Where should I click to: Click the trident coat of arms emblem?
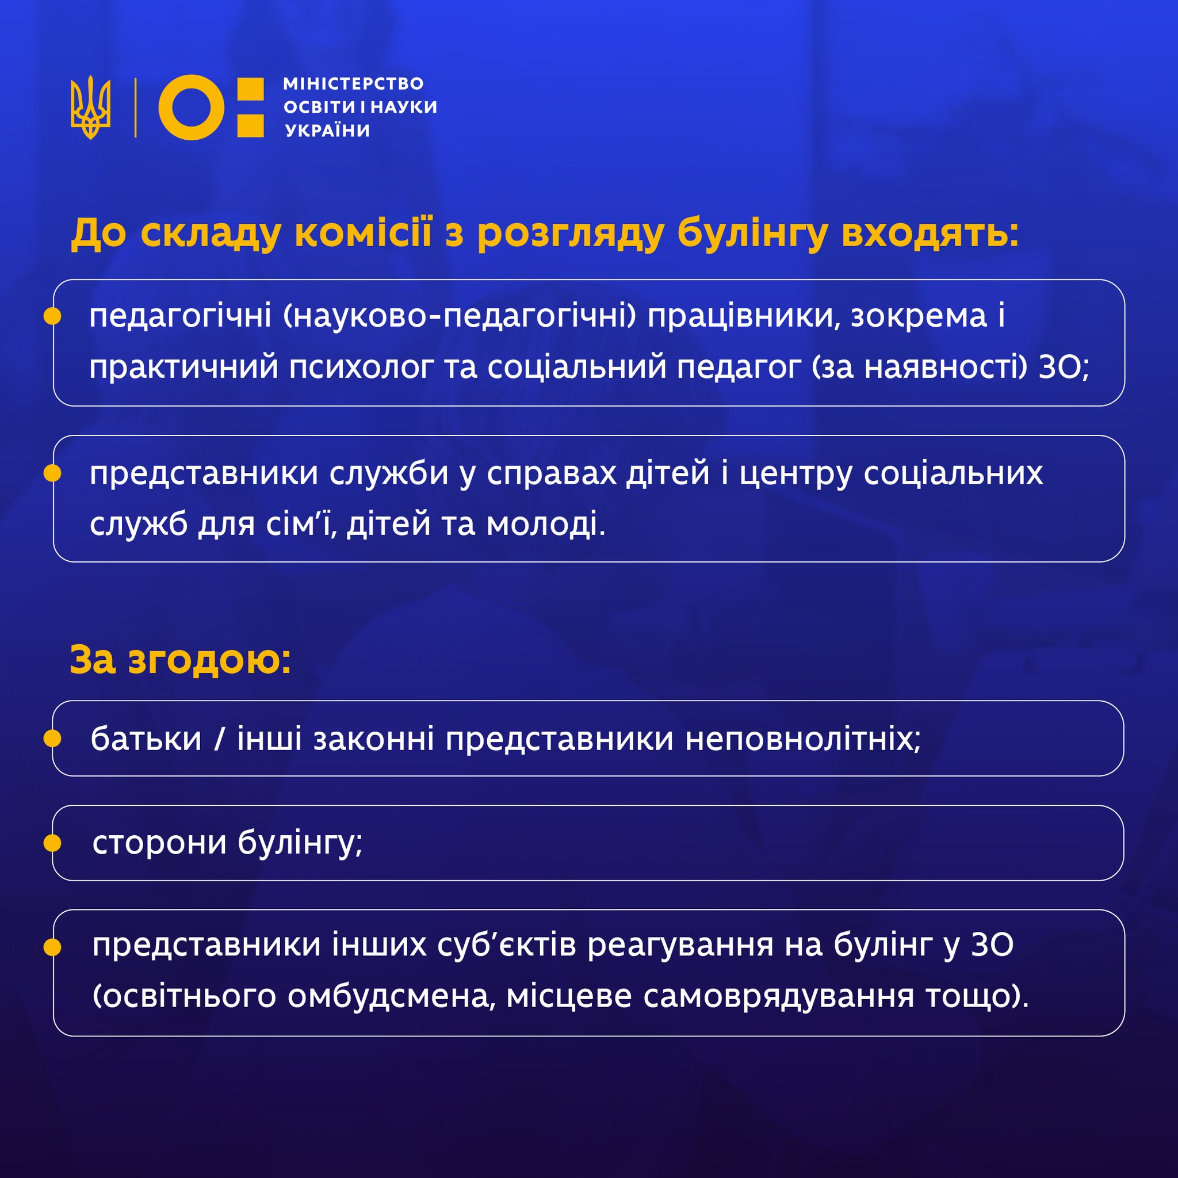click(x=91, y=108)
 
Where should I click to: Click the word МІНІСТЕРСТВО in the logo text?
click(x=353, y=83)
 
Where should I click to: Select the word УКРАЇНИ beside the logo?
click(x=327, y=130)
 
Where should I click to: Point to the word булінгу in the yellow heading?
click(x=752, y=234)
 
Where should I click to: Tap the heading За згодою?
click(x=181, y=660)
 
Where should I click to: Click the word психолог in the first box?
click(x=361, y=368)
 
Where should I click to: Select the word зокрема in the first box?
click(x=919, y=316)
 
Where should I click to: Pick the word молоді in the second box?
click(x=546, y=524)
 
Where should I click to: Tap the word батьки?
click(x=146, y=739)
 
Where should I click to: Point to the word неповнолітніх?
click(x=803, y=739)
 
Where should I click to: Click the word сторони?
click(x=159, y=843)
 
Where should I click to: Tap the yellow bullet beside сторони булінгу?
click(x=53, y=843)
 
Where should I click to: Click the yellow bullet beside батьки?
click(x=53, y=739)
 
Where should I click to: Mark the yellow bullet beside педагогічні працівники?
click(x=53, y=316)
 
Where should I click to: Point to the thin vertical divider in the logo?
click(x=135, y=108)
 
